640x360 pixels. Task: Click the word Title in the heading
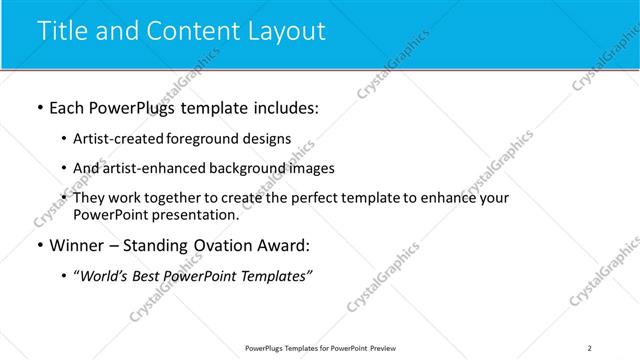62,31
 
